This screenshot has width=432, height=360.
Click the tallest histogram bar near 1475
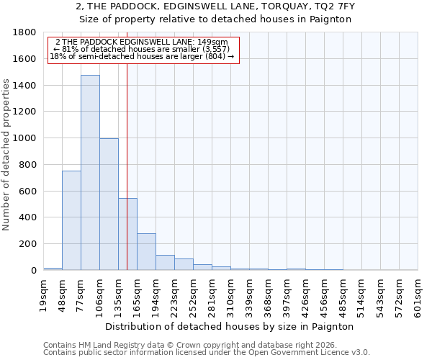90,173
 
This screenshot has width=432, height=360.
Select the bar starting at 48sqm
71,220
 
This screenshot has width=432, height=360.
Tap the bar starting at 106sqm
109,204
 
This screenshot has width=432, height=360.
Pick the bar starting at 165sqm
146,252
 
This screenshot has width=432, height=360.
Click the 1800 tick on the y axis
26,33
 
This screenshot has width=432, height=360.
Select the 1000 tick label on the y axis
26,138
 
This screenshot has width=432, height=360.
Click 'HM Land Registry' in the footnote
107,345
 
